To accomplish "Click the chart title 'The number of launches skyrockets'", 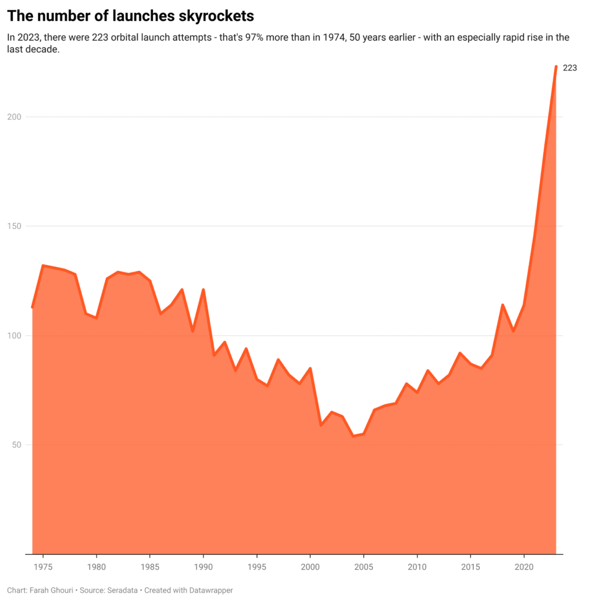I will pyautogui.click(x=131, y=15).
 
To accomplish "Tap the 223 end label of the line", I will pyautogui.click(x=570, y=68).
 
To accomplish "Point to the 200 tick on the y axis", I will pyautogui.click(x=15, y=117).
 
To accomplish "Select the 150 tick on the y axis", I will pyautogui.click(x=15, y=226).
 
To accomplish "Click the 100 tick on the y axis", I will pyautogui.click(x=15, y=336).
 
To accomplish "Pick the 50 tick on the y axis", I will pyautogui.click(x=17, y=445).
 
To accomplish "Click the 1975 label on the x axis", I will pyautogui.click(x=43, y=567).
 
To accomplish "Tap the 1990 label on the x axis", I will pyautogui.click(x=203, y=567).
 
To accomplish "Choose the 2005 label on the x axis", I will pyautogui.click(x=363, y=567).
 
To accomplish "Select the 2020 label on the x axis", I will pyautogui.click(x=523, y=567).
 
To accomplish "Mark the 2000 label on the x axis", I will pyautogui.click(x=310, y=567).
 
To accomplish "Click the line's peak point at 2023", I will pyautogui.click(x=556, y=66).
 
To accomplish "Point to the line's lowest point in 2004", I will pyautogui.click(x=353, y=436).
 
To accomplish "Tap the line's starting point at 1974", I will pyautogui.click(x=32, y=307).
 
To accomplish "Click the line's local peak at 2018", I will pyautogui.click(x=502, y=305).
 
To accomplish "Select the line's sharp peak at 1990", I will pyautogui.click(x=203, y=289).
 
